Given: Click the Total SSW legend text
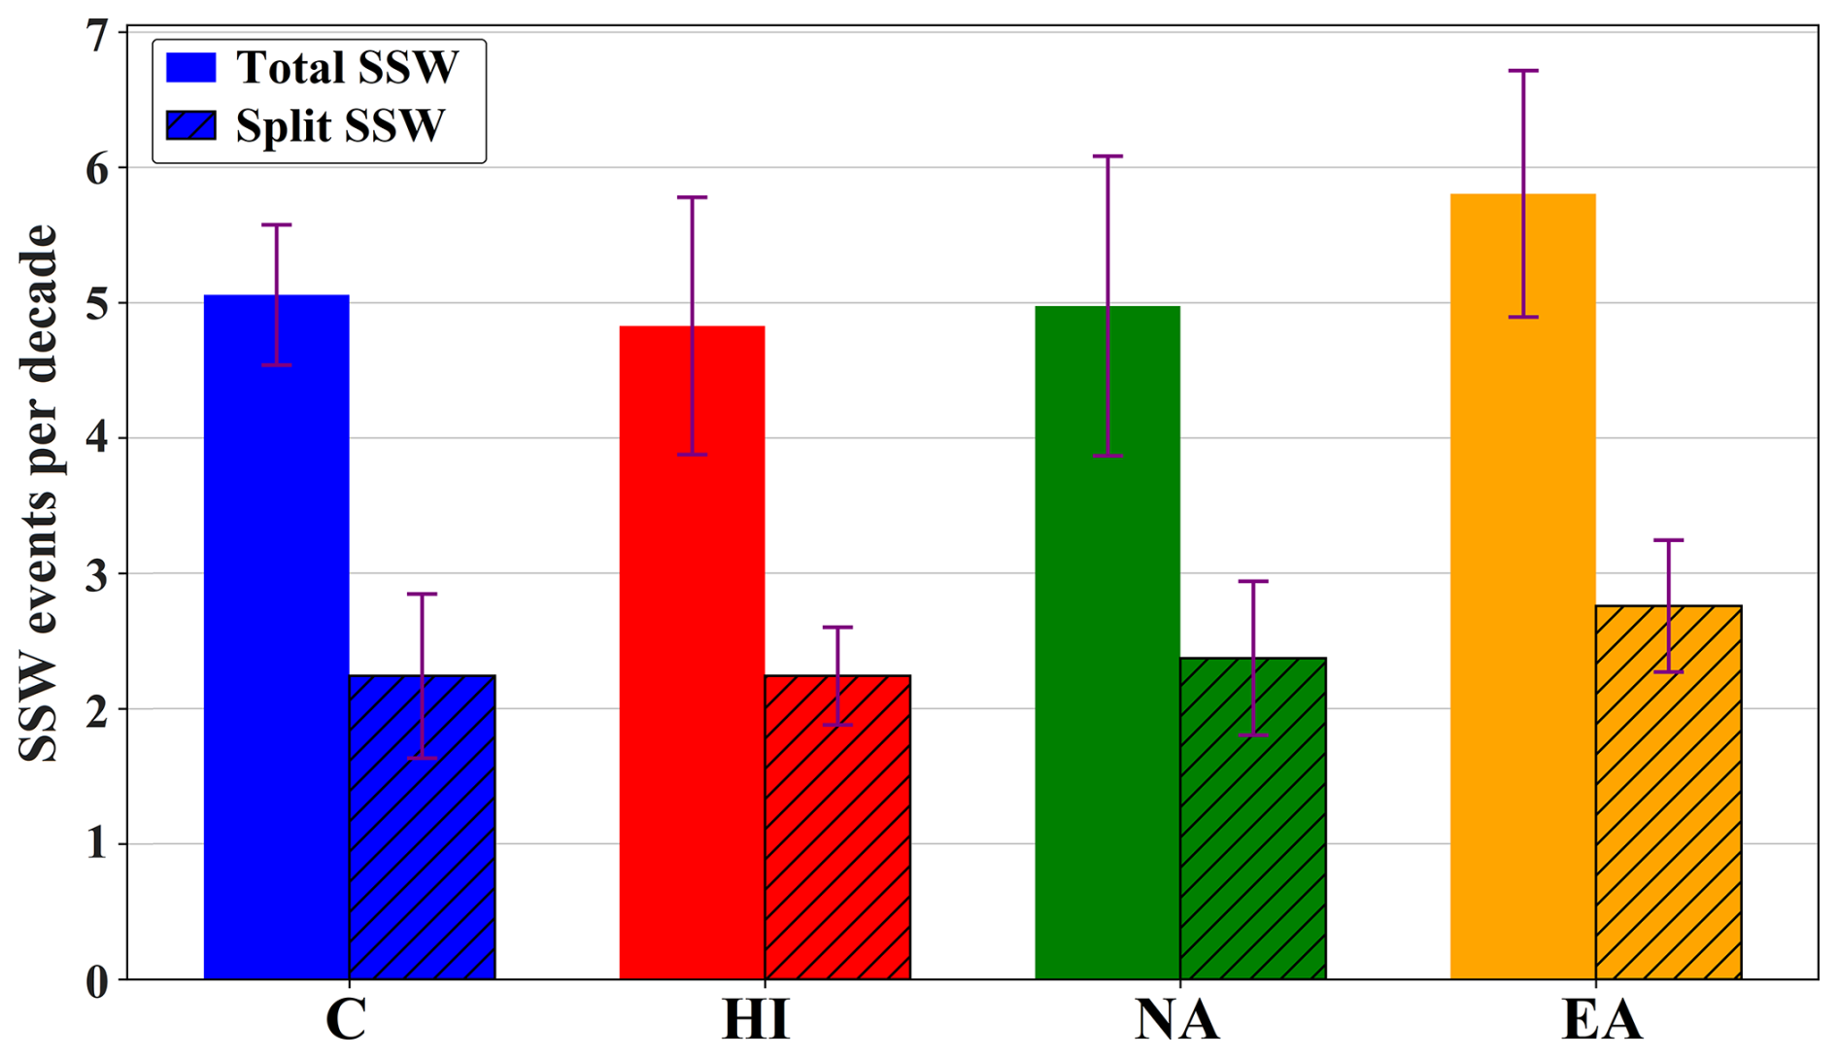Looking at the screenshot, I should click(347, 68).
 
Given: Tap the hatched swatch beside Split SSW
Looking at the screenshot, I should click(191, 125).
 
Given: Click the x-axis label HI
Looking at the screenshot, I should click(756, 1020).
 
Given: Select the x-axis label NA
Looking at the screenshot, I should click(1176, 1020).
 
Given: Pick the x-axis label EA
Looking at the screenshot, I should click(1601, 1020).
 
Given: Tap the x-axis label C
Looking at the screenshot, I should click(346, 1020).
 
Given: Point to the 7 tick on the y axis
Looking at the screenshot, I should click(96, 36).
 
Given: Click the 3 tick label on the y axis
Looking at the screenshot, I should click(96, 574).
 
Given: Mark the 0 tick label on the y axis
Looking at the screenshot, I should click(96, 981).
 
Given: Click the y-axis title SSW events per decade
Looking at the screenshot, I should click(39, 494).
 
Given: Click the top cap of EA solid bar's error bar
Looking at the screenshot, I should click(1522, 71).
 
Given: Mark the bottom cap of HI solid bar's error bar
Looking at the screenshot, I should click(692, 455).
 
